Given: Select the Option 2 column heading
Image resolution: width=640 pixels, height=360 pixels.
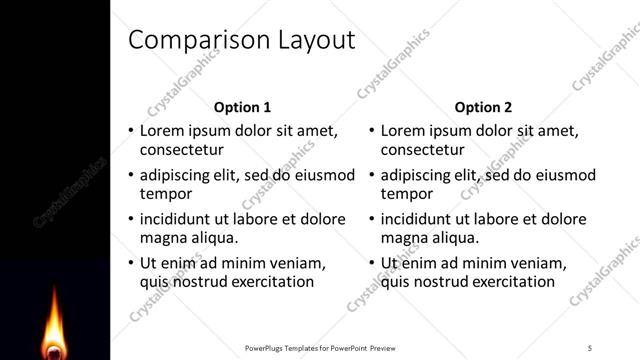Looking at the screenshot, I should point(483,107).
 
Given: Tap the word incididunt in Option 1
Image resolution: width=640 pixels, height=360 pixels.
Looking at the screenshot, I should point(180,219).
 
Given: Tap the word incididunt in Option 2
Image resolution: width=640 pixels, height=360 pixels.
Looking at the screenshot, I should point(421,219).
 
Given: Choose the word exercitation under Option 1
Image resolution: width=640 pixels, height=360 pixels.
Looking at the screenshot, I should point(269,282).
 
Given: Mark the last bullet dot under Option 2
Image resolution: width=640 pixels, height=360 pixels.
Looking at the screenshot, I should point(371,263).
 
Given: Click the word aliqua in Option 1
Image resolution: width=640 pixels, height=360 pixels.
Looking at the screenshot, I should point(212,238).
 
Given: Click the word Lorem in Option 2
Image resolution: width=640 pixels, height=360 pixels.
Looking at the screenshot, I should point(403,131).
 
